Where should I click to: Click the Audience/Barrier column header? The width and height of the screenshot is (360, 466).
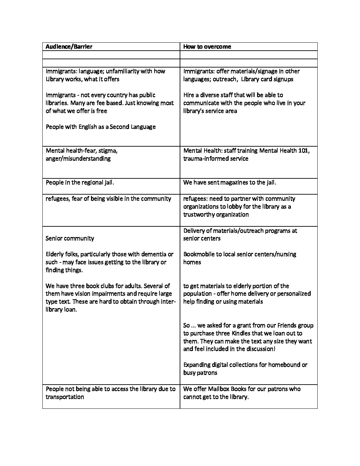[x=69, y=47]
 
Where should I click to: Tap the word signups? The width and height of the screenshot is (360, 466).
[x=282, y=79]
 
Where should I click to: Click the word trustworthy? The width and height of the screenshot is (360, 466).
[x=199, y=214]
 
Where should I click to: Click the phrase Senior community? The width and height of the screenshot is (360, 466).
[x=70, y=238]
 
